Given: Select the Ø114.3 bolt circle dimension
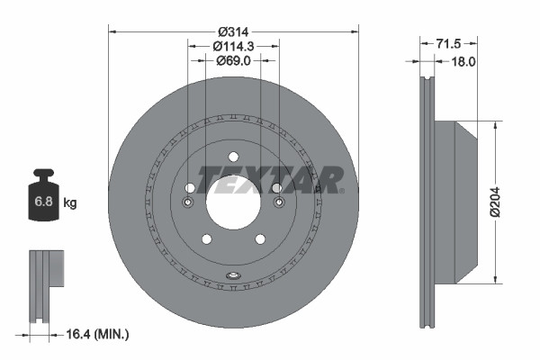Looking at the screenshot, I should (x=233, y=46).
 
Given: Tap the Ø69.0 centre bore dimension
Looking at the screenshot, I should (x=233, y=60).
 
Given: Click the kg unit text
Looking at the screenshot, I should (x=70, y=203).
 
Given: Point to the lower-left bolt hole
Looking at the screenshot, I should (x=206, y=238).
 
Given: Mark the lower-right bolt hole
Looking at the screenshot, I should (x=260, y=238).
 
